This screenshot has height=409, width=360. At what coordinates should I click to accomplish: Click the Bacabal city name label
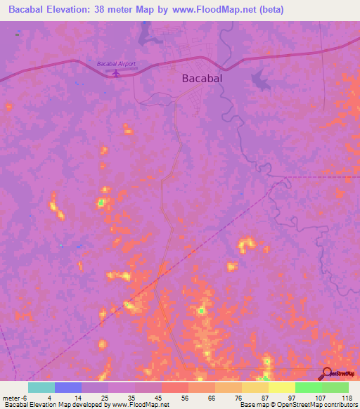202,79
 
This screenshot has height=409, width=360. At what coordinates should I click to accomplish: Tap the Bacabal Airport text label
115,63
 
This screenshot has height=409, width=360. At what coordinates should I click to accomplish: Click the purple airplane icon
116,72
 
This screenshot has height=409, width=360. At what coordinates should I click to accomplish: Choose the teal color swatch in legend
41,387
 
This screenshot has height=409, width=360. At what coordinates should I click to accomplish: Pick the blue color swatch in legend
68,387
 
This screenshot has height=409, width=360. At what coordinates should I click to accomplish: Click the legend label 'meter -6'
15,397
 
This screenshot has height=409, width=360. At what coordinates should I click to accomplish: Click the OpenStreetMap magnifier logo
326,373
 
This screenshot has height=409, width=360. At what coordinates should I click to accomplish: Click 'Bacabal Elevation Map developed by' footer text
56,405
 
